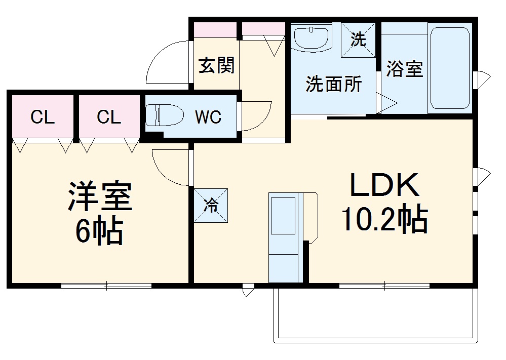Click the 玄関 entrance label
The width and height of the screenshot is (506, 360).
(x=216, y=65)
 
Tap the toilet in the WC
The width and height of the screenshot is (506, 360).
(x=164, y=115)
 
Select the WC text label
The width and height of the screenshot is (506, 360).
(x=208, y=117)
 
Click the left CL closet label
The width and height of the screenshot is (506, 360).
(x=43, y=117)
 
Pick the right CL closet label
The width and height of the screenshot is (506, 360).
(x=109, y=117)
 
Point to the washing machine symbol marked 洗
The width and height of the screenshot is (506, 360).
(x=358, y=40)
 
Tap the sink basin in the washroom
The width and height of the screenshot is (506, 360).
(x=311, y=37)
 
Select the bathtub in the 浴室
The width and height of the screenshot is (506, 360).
(x=450, y=68)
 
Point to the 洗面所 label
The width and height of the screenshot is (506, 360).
(x=333, y=84)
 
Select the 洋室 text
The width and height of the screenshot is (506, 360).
(x=100, y=197)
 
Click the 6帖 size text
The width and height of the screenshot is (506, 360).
(x=100, y=232)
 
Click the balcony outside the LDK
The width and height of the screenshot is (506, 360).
(x=375, y=314)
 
